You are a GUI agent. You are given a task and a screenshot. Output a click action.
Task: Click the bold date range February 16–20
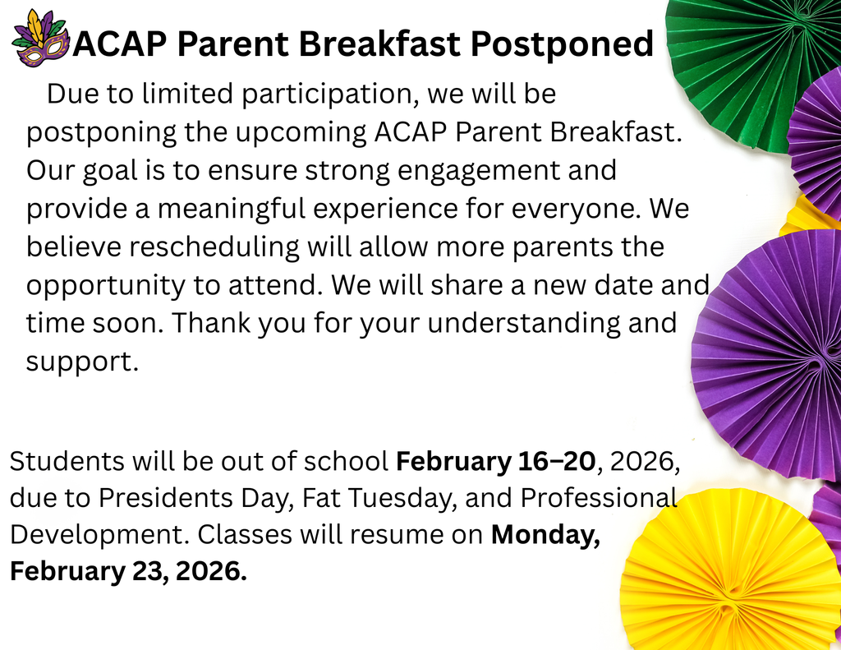click(495, 461)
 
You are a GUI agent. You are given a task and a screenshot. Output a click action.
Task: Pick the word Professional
click(600, 499)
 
